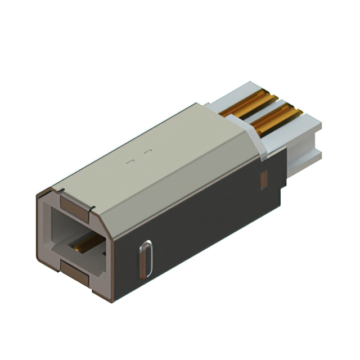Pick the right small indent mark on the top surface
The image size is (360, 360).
pos(148,152)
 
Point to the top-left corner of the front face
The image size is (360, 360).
pos(39,194)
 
